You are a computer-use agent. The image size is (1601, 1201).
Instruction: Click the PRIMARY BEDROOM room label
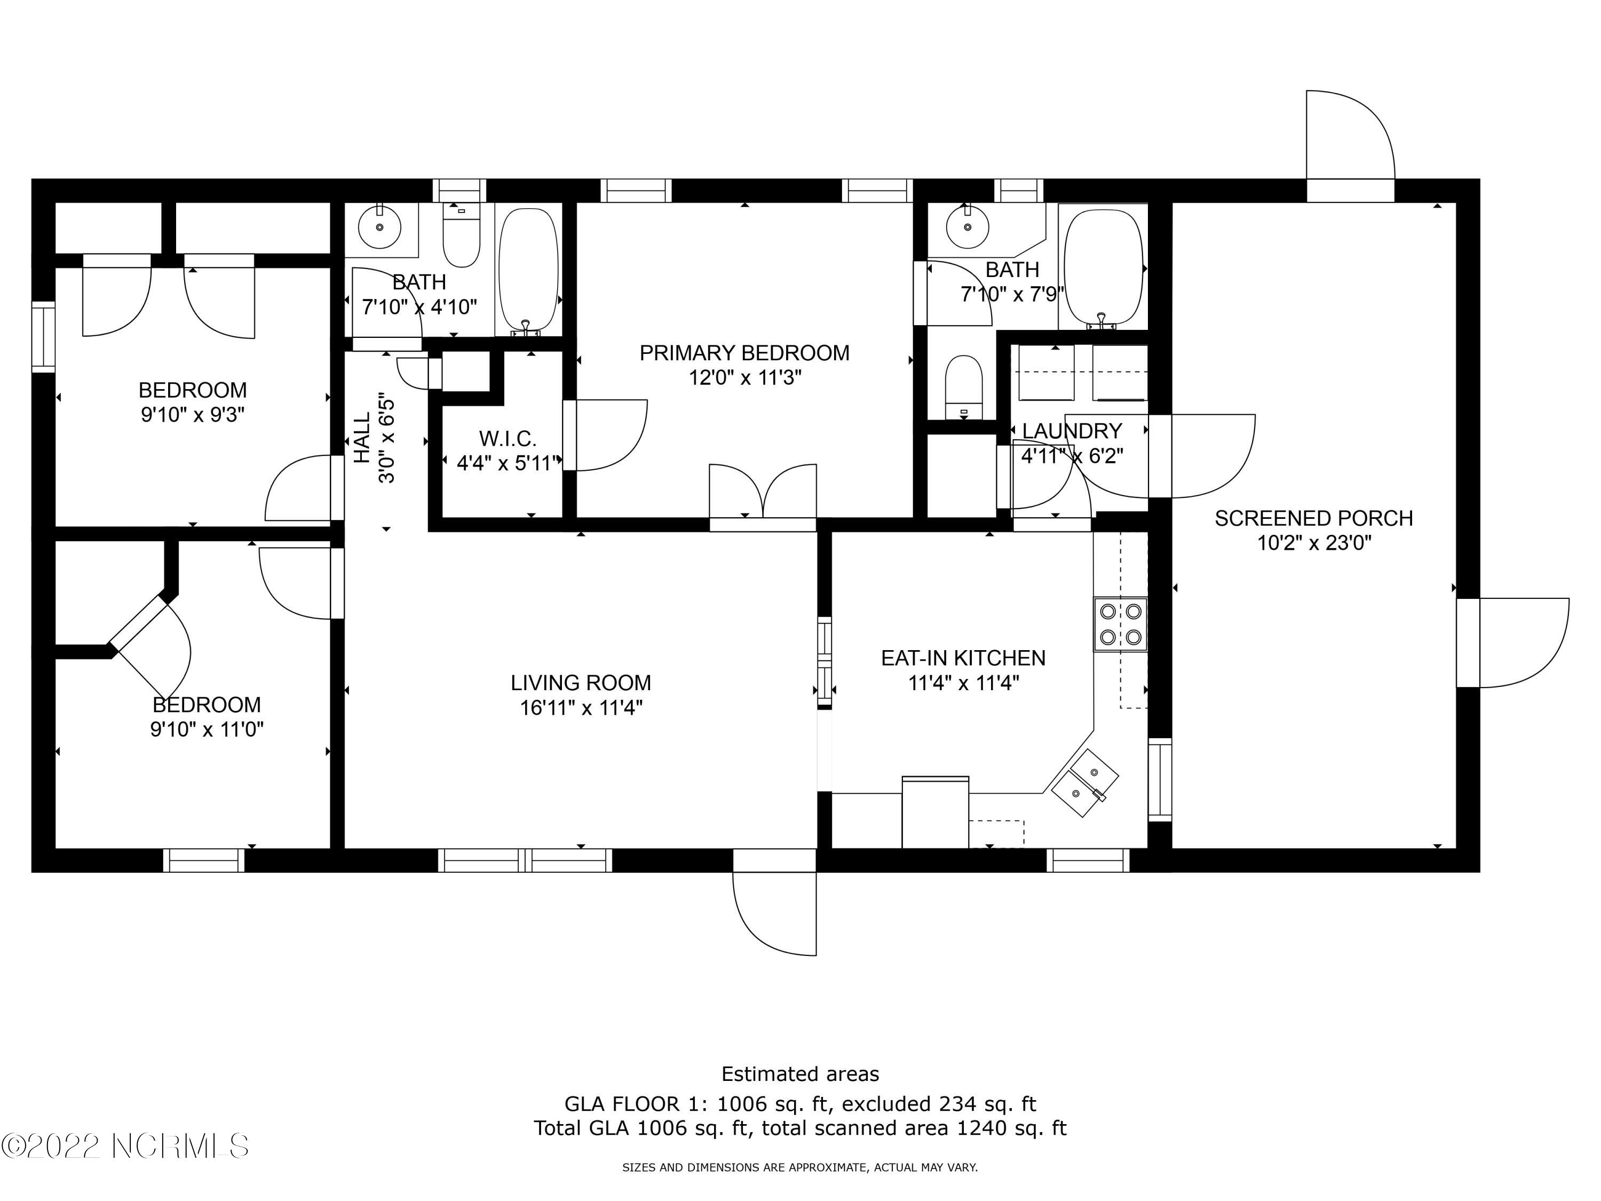click(744, 353)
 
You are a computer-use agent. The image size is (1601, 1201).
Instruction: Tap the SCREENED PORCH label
click(1314, 518)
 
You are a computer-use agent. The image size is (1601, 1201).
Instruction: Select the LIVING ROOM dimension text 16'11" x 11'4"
click(581, 708)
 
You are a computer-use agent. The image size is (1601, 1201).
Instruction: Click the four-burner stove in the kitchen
click(1120, 624)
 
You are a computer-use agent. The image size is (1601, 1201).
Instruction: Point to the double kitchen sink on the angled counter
click(1084, 783)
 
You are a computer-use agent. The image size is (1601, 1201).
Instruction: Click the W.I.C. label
click(508, 439)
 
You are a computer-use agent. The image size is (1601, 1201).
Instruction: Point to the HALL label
click(362, 438)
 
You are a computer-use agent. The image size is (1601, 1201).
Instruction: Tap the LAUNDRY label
click(1072, 431)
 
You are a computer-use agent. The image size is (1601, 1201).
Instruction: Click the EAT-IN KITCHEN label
click(963, 658)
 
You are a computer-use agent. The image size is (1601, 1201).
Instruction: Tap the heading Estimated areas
click(800, 1073)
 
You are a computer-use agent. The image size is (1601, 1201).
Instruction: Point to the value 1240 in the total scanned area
click(980, 1128)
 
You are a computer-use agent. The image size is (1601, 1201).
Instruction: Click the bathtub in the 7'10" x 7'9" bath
click(1103, 266)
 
